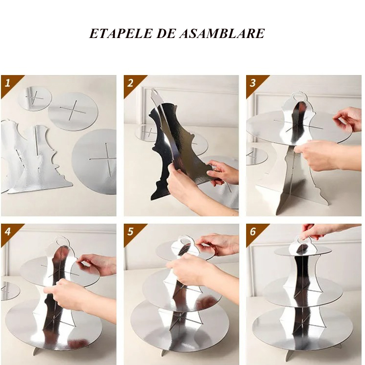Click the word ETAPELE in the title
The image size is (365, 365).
pyautogui.click(x=120, y=34)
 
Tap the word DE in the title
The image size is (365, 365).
pyautogui.click(x=166, y=34)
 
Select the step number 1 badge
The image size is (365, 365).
pyautogui.click(x=8, y=83)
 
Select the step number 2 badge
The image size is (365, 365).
pyautogui.click(x=131, y=83)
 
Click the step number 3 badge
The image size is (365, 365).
pyautogui.click(x=253, y=83)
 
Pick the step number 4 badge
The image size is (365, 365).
pyautogui.click(x=8, y=231)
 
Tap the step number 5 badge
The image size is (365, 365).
pyautogui.click(x=131, y=231)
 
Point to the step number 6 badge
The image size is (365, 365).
pyautogui.click(x=253, y=231)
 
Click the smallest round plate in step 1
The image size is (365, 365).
pyautogui.click(x=35, y=98)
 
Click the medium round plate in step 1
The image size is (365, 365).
pyautogui.click(x=73, y=111)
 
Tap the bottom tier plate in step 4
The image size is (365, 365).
pyautogui.click(x=23, y=326)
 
